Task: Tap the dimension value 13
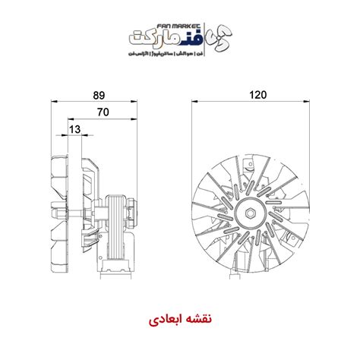[74, 130]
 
